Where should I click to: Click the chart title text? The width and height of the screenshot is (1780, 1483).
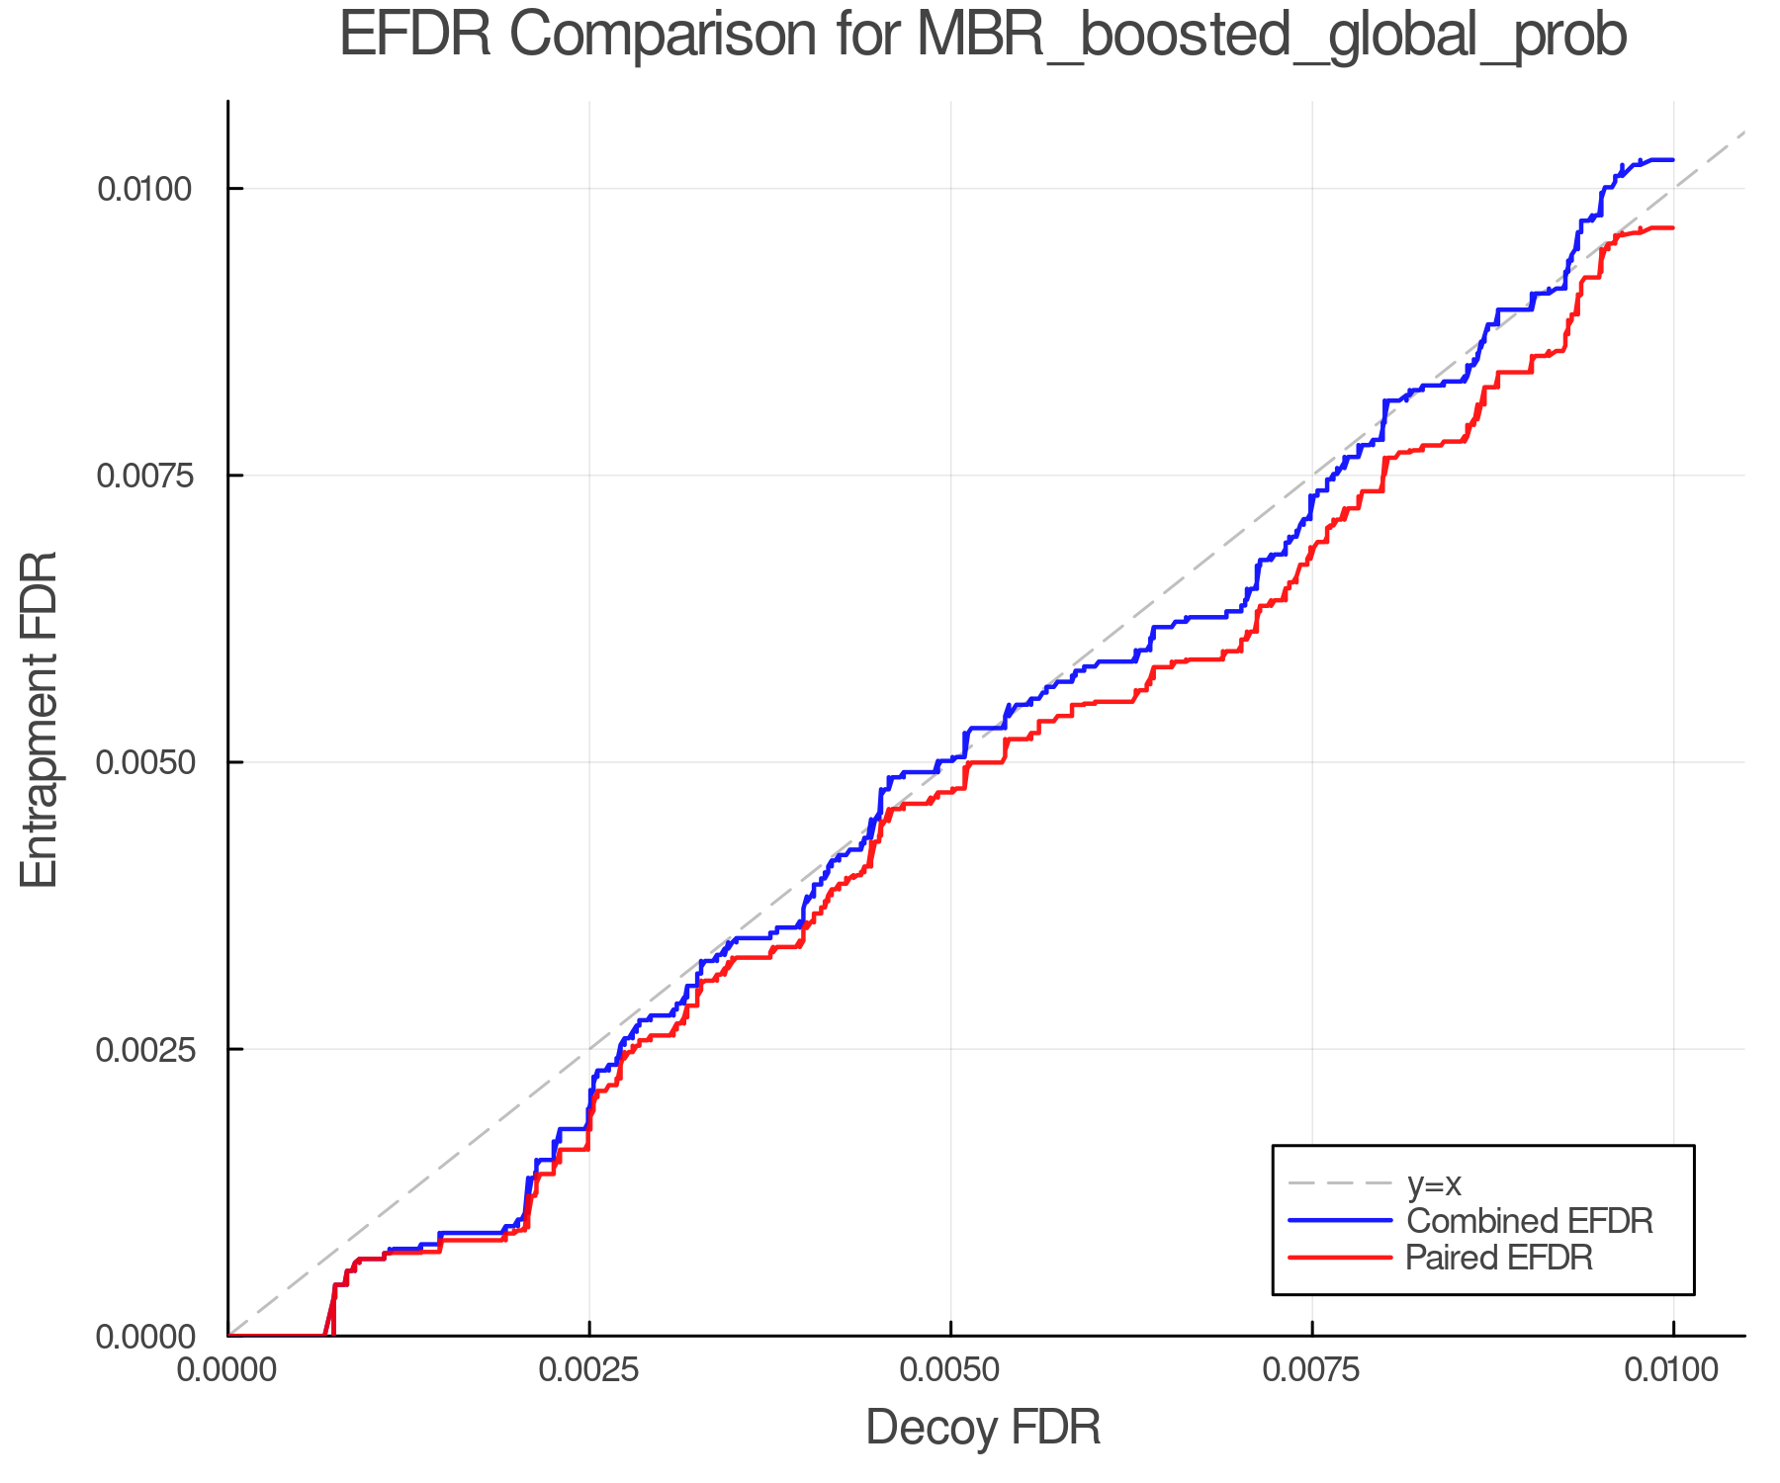tap(983, 36)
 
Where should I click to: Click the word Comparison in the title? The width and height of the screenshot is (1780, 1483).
tap(663, 36)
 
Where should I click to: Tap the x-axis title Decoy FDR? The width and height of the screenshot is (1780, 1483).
tap(983, 1428)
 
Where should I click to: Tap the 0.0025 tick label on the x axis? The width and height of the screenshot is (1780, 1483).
tap(589, 1370)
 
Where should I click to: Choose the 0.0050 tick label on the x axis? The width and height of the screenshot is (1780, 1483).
tap(950, 1370)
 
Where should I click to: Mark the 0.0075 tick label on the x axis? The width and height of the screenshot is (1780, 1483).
tap(1312, 1370)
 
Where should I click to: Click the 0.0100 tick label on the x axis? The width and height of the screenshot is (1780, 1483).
tap(1673, 1370)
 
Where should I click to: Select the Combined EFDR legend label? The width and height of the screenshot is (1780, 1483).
tap(1529, 1221)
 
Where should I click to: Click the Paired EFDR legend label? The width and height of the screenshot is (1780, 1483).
tap(1498, 1258)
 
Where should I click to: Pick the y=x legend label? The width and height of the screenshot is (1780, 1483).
tap(1434, 1183)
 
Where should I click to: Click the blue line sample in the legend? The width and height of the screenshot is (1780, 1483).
tap(1340, 1221)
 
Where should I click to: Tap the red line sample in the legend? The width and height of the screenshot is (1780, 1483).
tap(1340, 1258)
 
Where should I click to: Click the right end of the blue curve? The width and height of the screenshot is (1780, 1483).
tap(1672, 159)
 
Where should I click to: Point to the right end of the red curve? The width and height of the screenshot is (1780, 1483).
tap(1672, 228)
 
